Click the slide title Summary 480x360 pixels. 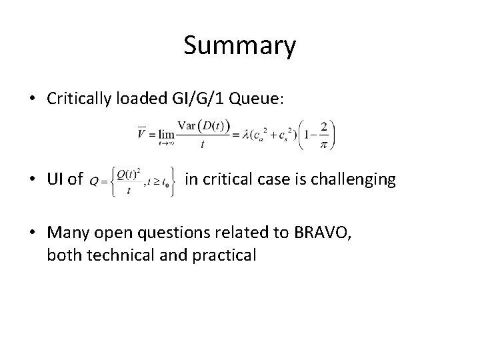pos(239,46)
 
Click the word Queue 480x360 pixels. pos(259,99)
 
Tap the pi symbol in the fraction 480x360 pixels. pos(323,145)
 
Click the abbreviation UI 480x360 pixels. pos(56,179)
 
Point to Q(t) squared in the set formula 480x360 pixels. pos(130,175)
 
